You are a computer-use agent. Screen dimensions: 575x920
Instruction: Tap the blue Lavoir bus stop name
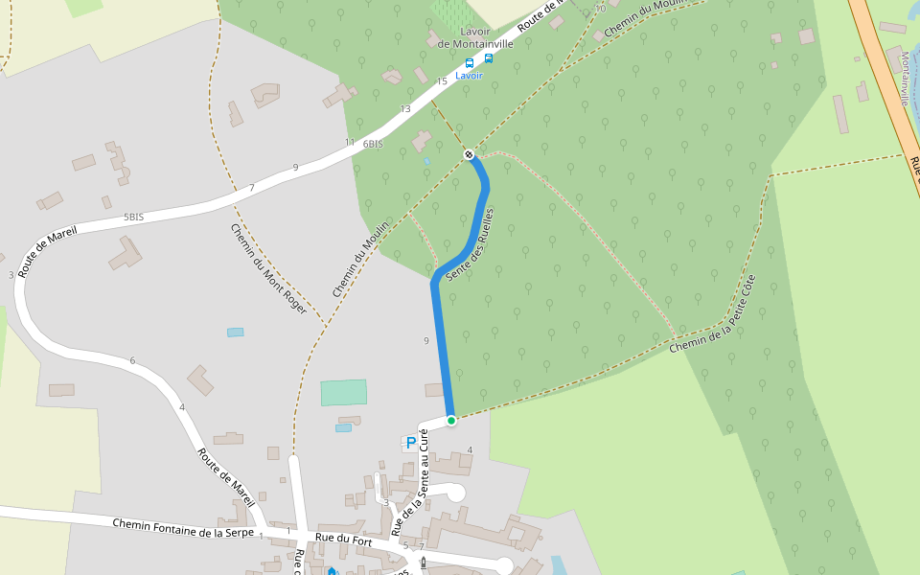[470, 76]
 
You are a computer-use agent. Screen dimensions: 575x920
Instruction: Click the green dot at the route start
[451, 420]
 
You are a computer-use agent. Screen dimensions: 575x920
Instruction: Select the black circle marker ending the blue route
[469, 154]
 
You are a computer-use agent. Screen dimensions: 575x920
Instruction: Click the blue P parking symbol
[411, 443]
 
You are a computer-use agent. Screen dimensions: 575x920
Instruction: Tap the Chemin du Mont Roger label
[268, 269]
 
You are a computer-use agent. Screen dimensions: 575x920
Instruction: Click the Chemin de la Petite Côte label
[714, 314]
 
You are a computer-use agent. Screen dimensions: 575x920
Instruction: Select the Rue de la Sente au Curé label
[410, 482]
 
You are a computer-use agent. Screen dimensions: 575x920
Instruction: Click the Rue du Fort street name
[343, 540]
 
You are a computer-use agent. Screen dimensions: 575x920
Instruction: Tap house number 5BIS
[133, 218]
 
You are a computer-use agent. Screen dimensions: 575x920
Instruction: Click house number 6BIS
[373, 144]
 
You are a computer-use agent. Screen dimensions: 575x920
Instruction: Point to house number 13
[405, 109]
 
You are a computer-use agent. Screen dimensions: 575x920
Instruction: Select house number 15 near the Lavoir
[442, 81]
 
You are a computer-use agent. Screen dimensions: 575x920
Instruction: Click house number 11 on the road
[350, 143]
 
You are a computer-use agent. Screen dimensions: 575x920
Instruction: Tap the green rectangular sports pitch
[343, 392]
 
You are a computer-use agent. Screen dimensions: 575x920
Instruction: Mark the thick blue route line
[443, 345]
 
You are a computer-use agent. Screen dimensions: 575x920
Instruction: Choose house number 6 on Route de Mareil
[132, 360]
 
